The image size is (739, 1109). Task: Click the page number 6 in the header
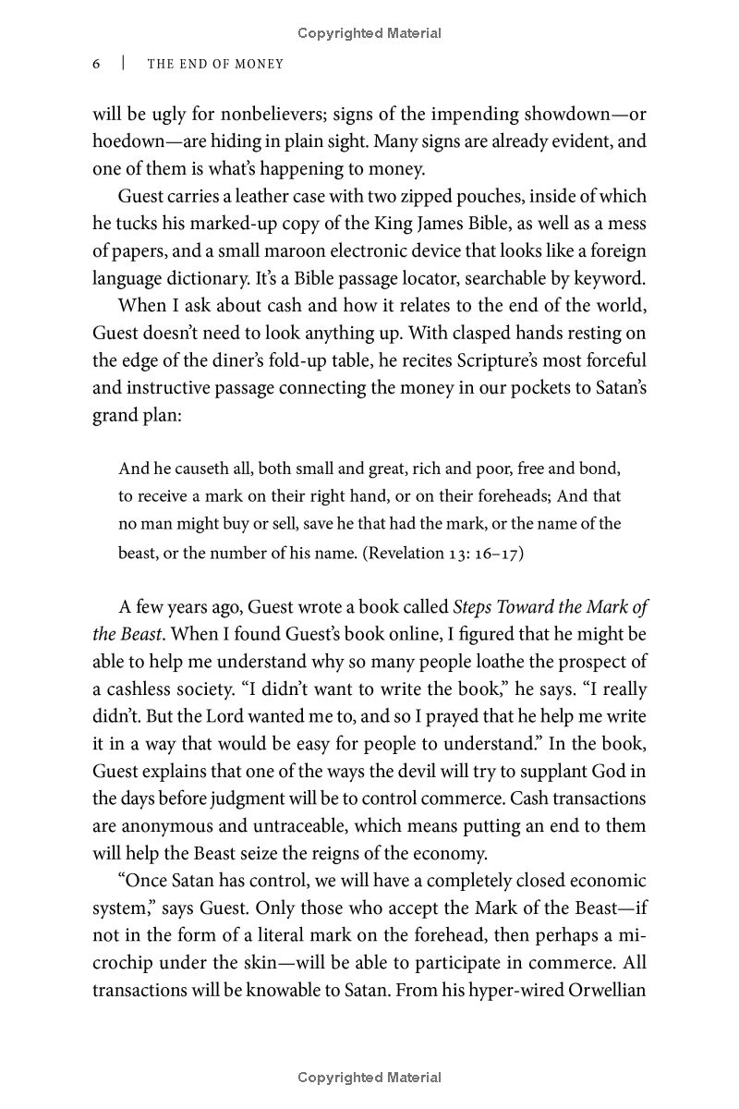coord(97,64)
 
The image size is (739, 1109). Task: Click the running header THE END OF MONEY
coord(215,64)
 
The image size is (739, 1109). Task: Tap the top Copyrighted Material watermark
coord(369,33)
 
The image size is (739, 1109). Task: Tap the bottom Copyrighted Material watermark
coord(369,1077)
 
